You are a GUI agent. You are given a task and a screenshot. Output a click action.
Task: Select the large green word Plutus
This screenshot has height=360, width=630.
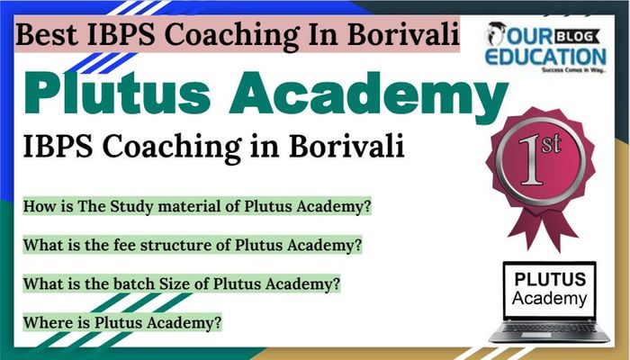pos(117,94)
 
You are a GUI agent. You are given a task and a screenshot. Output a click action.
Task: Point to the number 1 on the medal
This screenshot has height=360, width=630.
pos(533,161)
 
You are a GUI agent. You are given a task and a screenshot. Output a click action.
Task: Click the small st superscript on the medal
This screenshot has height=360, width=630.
pos(551,143)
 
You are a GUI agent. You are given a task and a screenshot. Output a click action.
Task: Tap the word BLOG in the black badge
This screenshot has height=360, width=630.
pos(575,37)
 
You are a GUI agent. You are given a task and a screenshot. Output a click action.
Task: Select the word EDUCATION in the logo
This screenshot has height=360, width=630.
pos(545,56)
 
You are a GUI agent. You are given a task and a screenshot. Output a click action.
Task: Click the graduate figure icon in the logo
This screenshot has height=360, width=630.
pos(495,33)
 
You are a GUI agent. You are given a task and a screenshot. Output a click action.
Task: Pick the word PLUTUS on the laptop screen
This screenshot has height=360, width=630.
pos(550,279)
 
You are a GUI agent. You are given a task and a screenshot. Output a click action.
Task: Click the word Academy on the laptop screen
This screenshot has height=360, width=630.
pos(549,299)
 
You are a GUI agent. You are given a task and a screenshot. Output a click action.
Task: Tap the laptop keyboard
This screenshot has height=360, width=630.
pos(548,328)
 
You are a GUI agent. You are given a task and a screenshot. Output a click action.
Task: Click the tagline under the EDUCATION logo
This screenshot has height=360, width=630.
pos(573,70)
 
